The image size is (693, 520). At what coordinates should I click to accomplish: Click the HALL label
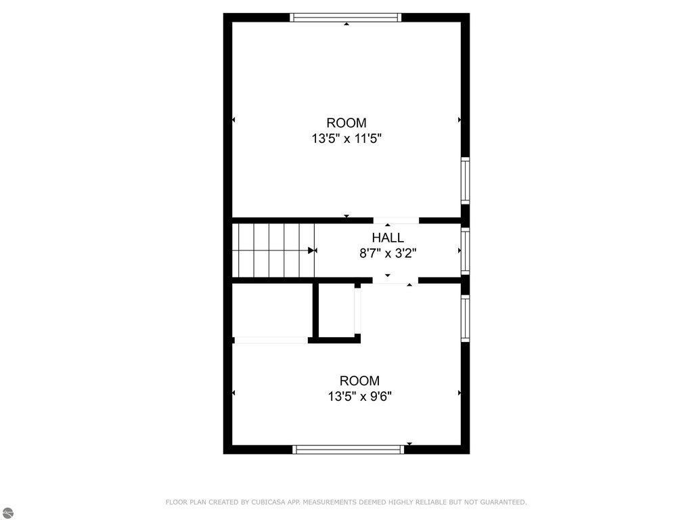(x=388, y=238)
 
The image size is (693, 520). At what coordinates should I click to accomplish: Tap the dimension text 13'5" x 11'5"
(x=346, y=139)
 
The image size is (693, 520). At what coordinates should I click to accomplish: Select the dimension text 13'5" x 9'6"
(x=360, y=397)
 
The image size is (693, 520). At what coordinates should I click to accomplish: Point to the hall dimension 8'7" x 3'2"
(x=388, y=253)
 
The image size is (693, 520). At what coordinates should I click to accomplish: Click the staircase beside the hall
(x=273, y=251)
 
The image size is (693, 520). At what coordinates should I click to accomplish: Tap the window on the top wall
(x=346, y=17)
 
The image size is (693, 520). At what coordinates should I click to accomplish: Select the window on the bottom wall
(x=349, y=450)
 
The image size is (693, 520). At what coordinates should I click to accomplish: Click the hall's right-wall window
(x=465, y=251)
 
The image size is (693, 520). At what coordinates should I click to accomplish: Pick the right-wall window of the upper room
(x=465, y=180)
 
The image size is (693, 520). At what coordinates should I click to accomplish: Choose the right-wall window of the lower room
(x=465, y=318)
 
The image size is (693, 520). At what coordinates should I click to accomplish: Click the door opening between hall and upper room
(x=396, y=220)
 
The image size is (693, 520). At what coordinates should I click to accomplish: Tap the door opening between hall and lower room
(x=395, y=280)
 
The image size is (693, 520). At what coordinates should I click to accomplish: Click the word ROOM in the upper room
(x=346, y=123)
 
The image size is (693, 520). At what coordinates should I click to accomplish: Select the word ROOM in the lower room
(x=360, y=381)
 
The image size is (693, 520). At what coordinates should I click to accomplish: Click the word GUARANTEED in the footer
(x=504, y=502)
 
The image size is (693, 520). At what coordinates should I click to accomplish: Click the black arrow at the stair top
(x=311, y=251)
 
